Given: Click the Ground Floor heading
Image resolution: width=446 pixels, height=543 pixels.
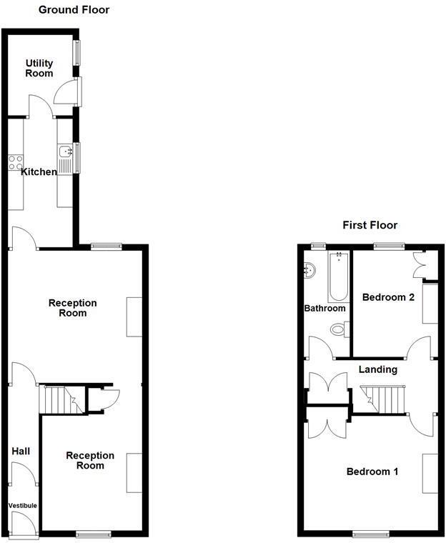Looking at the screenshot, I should coord(74,10).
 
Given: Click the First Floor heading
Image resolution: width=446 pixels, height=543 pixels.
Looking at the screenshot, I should coord(370,225).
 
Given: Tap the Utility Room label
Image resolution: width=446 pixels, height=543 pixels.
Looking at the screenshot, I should coord(39,69).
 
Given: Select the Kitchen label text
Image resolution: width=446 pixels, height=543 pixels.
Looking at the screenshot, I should coord(39,171).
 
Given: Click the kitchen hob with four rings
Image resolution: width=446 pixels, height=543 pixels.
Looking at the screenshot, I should coord(15,162).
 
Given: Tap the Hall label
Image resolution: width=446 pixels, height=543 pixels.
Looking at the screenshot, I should coord(21,452).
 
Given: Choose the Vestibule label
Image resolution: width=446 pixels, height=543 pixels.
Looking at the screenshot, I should coord(22,506).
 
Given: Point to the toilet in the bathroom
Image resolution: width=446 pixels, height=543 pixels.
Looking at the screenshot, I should coord(340,329).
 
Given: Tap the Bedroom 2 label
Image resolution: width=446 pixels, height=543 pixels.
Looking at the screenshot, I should coord(388,297).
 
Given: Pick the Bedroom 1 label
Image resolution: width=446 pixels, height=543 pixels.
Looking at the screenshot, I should coord(372,472).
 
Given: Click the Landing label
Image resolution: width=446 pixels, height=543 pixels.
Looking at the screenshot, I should coord(377,369).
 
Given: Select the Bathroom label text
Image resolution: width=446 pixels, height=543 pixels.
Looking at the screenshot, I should coord(325,309).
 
